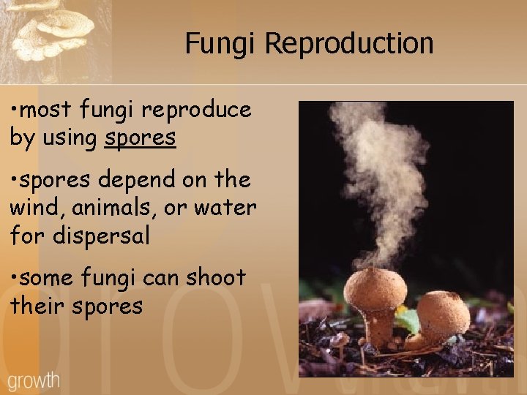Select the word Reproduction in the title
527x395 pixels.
348,44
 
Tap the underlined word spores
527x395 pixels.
140,137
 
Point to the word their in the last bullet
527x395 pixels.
38,306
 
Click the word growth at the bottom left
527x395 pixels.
34,381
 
